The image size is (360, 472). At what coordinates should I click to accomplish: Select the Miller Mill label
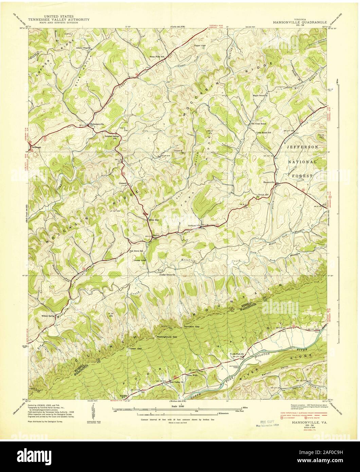pos(153,220)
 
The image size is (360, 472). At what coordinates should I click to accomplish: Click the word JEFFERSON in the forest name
pos(303,147)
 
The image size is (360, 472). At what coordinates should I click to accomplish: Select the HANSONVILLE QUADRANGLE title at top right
pos(299,22)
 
